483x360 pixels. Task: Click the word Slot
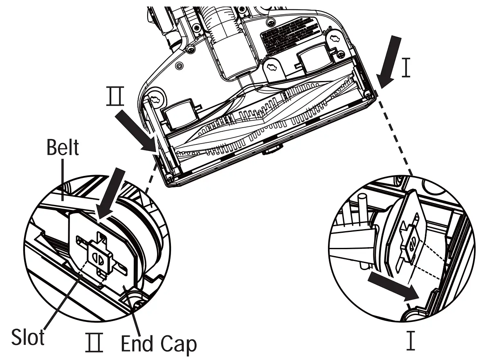(x=28, y=339)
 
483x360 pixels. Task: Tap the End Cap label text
(x=159, y=344)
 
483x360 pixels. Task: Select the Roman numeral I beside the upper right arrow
(x=405, y=68)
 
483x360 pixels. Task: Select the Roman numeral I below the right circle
(x=410, y=341)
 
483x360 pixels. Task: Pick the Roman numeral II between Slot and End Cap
(x=94, y=342)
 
